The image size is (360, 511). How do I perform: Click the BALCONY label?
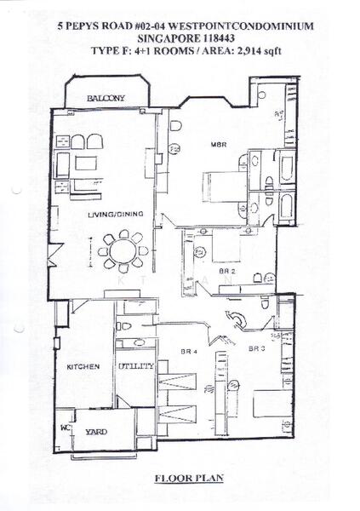(106, 100)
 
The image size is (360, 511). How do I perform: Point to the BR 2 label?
(227, 272)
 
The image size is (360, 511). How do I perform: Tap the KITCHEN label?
(84, 367)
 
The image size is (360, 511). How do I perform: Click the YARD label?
(96, 432)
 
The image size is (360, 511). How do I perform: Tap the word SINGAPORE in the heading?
(164, 39)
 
